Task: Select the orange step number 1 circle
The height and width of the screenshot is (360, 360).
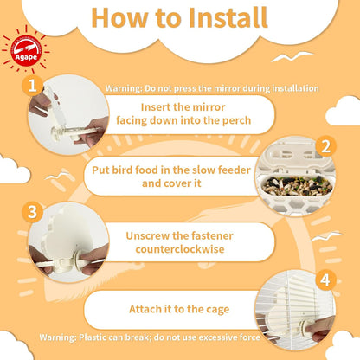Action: tap(33, 86)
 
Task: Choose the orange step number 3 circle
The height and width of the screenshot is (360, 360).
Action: tap(32, 211)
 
